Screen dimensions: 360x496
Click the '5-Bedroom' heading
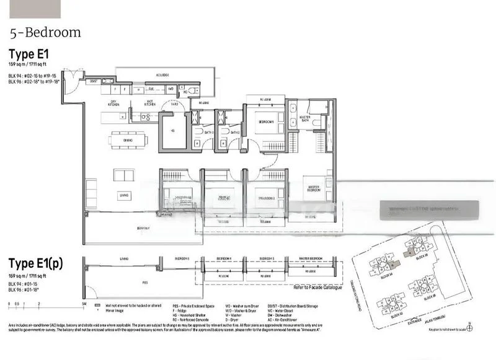(45, 32)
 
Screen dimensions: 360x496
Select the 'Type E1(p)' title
(35, 263)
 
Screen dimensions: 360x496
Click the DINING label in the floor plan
(128, 140)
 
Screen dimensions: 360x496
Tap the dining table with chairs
(129, 140)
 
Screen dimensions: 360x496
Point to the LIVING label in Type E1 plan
(125, 196)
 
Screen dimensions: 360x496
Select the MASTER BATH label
(305, 118)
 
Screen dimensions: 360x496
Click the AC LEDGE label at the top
(162, 75)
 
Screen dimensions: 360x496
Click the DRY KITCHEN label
(113, 103)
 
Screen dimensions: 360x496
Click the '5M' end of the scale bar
(83, 304)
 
